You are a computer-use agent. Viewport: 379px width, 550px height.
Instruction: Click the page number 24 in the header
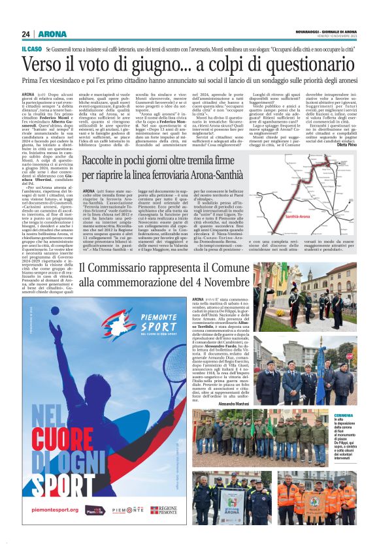click(26, 34)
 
